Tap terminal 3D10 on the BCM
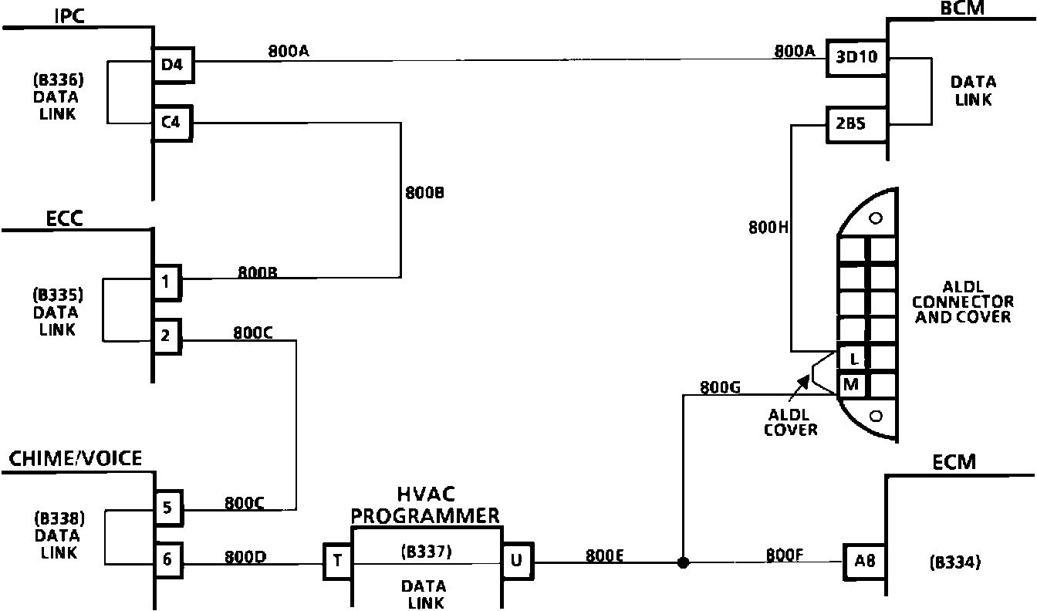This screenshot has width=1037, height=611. point(856,57)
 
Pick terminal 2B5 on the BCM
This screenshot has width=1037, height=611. point(856,123)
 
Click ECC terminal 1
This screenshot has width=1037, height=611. point(167,282)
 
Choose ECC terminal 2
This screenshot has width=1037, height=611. point(167,336)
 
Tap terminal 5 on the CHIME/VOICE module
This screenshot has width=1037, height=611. point(167,508)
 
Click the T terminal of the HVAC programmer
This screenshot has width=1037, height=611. point(337,562)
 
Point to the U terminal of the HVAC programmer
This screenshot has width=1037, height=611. point(516,561)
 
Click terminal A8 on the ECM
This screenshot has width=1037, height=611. point(864,562)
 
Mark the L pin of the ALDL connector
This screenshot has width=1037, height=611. point(853,359)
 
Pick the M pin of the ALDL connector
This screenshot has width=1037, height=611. point(852,384)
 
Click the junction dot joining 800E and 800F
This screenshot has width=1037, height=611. point(683,562)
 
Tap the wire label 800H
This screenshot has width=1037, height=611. point(767,228)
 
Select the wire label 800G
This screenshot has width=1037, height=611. point(719,387)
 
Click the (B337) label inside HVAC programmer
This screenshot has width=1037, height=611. point(427,552)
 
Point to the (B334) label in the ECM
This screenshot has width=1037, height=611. point(955,562)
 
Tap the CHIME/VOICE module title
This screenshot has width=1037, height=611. point(76,459)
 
